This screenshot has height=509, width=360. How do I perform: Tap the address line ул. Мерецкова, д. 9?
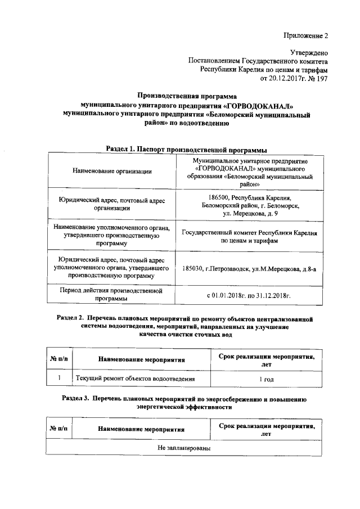(249, 214)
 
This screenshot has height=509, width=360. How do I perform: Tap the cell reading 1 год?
(267, 379)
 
